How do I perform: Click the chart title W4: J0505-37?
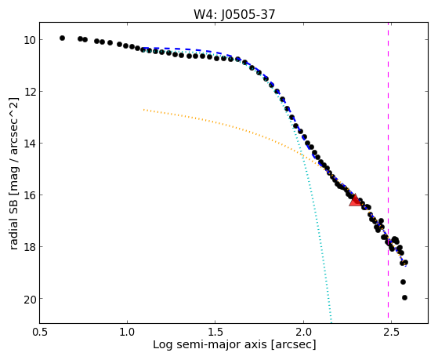(234, 14)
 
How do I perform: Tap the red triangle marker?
(355, 200)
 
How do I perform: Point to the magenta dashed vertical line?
(388, 173)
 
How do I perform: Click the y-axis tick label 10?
(30, 40)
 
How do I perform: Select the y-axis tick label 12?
(30, 92)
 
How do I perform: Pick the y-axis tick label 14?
(30, 144)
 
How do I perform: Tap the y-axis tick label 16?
(30, 195)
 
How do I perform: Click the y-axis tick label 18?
(30, 247)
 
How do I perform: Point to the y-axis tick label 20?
(30, 299)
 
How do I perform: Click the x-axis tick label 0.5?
(39, 332)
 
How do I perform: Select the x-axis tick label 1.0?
(128, 332)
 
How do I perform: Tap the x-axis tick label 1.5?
(215, 332)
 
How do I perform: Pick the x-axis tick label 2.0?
(303, 332)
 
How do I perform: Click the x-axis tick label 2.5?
(391, 332)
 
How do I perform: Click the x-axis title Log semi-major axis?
(210, 344)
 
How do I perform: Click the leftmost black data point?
(63, 38)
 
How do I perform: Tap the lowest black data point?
(404, 297)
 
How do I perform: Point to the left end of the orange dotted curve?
(143, 110)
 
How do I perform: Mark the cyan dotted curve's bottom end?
(331, 322)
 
